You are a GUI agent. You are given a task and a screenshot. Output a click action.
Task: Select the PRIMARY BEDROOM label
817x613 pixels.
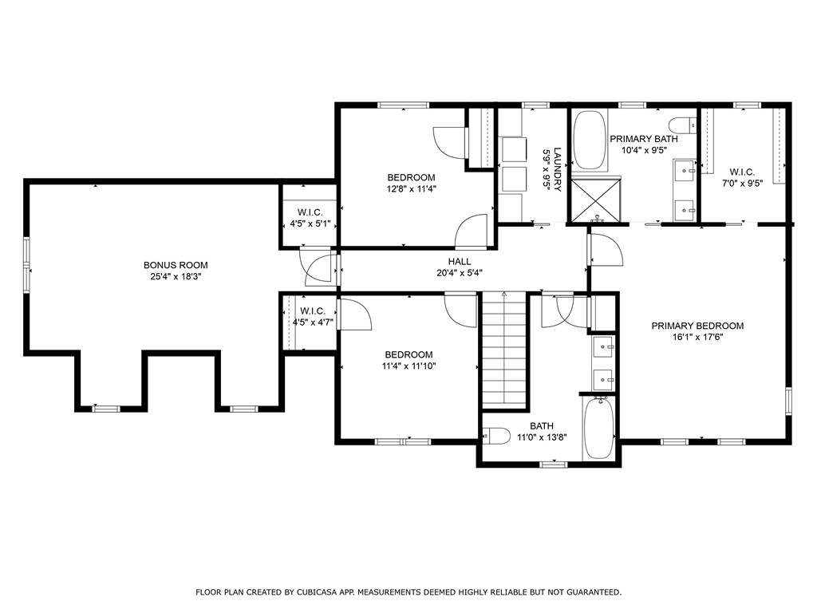pos(697,326)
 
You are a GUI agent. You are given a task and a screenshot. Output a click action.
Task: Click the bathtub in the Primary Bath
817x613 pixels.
pos(590,140)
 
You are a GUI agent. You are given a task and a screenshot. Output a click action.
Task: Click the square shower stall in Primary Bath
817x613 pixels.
pos(594,200)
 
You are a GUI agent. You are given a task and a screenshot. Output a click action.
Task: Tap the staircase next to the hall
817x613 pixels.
pos(504,351)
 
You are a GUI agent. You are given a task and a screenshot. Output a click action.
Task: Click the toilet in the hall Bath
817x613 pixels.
pos(497,436)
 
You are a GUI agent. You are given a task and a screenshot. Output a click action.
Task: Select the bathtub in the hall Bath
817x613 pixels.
pos(598,429)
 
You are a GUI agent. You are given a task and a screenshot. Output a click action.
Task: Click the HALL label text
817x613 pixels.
pos(460,262)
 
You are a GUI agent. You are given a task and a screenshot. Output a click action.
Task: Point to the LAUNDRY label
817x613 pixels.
pos(558,168)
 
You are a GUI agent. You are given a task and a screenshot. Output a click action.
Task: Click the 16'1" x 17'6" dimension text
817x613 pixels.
pos(697,337)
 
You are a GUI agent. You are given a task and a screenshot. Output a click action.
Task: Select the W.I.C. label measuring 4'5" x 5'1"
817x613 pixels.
pos(310,212)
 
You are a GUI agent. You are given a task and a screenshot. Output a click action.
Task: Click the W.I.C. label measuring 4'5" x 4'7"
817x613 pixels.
pos(312,311)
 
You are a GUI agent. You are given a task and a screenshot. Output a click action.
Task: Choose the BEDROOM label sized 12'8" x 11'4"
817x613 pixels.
pos(411,177)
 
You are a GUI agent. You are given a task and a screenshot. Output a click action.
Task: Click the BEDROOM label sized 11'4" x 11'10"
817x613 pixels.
pos(408,355)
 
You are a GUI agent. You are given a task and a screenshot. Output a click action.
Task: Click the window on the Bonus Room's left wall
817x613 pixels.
pos(26,265)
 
